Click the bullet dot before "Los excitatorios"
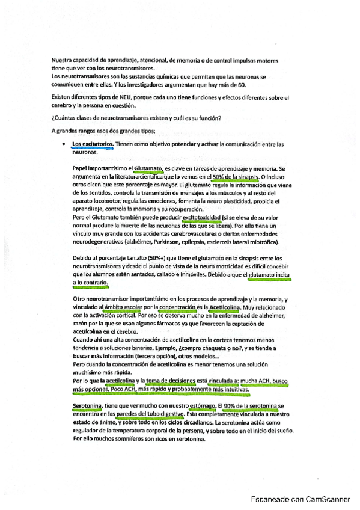point(64,145)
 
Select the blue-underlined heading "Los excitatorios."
point(92,144)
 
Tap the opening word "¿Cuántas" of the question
point(66,118)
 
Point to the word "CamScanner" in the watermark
point(322,499)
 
